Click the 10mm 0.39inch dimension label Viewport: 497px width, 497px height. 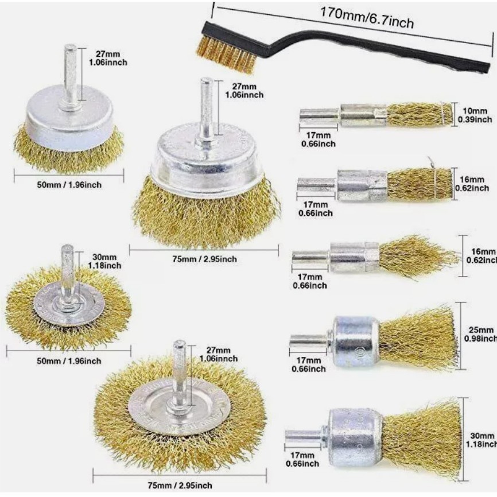click(x=475, y=115)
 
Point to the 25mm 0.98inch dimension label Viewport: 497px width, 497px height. click(x=480, y=335)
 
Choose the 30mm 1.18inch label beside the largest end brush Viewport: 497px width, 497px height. click(x=481, y=440)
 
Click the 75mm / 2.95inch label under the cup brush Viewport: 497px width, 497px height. click(x=204, y=259)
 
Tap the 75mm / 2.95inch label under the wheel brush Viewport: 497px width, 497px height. click(x=180, y=486)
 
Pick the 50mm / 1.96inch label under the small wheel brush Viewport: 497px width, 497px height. click(x=68, y=360)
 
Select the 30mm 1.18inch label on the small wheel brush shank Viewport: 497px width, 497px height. click(x=104, y=261)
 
